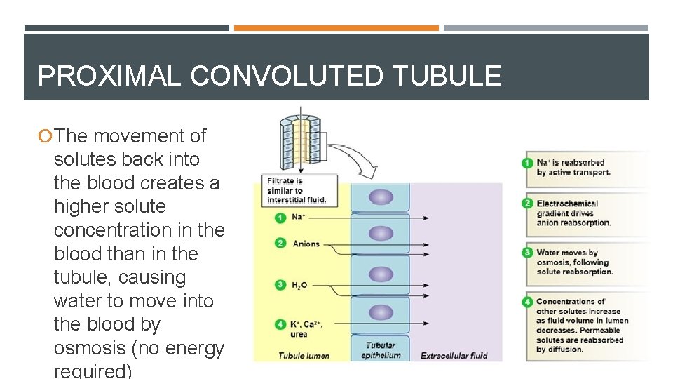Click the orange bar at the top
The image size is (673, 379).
336,28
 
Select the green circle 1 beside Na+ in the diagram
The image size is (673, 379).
280,218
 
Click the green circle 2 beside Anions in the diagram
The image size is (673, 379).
280,244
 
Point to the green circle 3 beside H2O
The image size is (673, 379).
280,285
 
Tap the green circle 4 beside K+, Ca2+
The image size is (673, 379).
280,324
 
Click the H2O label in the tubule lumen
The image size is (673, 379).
299,286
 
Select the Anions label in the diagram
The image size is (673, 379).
306,244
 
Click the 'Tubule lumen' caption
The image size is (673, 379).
304,356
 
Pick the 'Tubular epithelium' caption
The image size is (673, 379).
381,350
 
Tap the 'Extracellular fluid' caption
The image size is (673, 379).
454,356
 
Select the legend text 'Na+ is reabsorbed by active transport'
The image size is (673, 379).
573,168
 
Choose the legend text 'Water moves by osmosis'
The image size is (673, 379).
574,262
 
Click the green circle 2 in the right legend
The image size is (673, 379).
528,204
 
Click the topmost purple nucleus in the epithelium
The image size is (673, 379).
381,197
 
